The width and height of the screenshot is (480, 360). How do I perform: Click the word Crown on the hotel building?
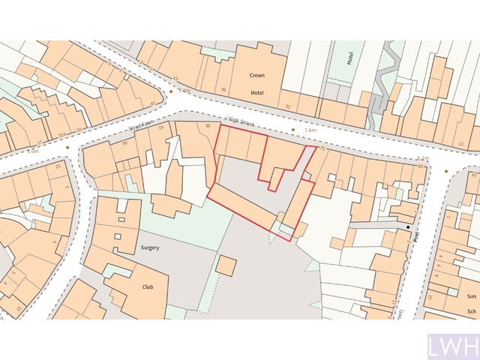[257, 75]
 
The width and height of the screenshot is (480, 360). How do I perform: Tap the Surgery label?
[149, 247]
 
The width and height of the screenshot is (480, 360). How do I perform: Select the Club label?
[148, 286]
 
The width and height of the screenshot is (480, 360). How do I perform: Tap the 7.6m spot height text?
[310, 130]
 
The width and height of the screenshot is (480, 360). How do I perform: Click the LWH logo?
[451, 347]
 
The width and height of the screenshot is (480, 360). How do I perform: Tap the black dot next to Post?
[409, 226]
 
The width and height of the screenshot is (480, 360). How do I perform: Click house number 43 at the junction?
[175, 78]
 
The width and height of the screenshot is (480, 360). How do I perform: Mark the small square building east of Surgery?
[226, 265]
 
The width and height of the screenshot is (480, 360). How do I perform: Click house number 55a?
[61, 133]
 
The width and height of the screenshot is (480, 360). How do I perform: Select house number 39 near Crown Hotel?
[223, 90]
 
